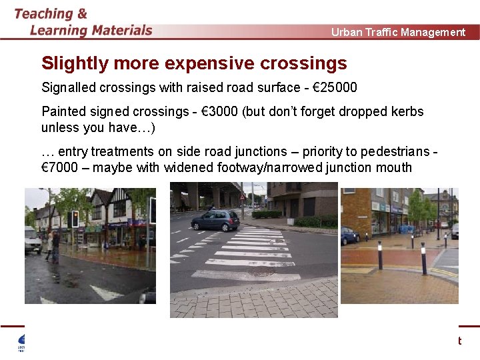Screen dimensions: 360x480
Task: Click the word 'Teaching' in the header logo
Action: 43,13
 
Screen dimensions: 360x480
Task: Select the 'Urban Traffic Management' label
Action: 398,32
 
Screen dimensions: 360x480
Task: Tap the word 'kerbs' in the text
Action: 408,111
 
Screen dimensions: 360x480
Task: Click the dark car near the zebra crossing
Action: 215,220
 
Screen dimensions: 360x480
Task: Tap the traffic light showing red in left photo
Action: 75,217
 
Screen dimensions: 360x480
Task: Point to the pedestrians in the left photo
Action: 53,245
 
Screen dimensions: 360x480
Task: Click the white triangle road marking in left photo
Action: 107,291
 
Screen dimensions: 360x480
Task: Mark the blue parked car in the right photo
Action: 349,235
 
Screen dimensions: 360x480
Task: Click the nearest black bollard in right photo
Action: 423,258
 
